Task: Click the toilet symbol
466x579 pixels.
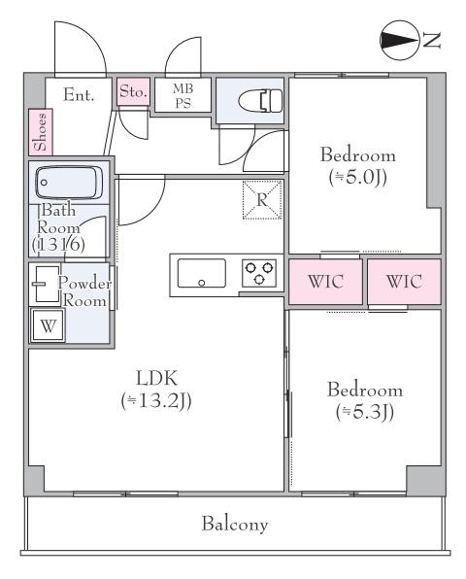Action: point(260,100)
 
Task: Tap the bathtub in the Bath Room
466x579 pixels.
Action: point(69,183)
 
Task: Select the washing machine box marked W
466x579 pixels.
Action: point(49,325)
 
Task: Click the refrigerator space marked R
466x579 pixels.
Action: point(262,200)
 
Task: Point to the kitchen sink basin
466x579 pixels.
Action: point(202,273)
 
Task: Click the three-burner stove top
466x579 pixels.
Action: point(259,273)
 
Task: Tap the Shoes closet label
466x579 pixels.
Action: point(41,132)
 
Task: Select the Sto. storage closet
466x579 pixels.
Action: point(134,91)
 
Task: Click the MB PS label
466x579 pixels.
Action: point(183,96)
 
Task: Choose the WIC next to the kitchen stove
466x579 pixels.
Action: point(325,282)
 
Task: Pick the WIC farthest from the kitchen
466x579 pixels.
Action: point(405,282)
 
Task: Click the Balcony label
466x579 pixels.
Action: point(235,524)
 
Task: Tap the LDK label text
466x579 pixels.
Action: point(157,378)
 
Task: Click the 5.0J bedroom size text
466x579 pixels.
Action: point(358,178)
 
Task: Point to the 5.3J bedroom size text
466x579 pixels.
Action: point(365,412)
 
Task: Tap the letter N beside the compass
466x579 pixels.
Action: point(431,40)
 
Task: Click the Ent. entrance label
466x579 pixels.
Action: point(79,95)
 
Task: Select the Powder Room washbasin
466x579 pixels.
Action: point(47,284)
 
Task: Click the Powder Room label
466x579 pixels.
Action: point(84,291)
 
